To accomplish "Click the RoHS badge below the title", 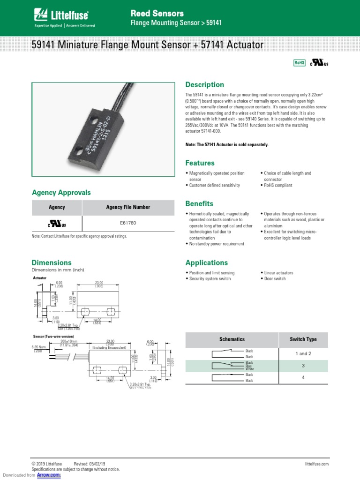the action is click(x=299, y=63).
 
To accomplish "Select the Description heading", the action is click(x=205, y=85).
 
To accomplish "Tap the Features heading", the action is click(x=200, y=163).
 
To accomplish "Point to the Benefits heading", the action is click(x=199, y=204).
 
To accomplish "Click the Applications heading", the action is click(x=207, y=263).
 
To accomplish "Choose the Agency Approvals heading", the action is click(x=61, y=193).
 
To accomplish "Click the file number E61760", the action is click(x=128, y=223).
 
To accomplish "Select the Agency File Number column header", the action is click(x=128, y=207).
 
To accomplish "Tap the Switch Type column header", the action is click(x=303, y=339).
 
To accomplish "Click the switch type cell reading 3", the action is click(x=303, y=366).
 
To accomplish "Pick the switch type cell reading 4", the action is click(x=303, y=377).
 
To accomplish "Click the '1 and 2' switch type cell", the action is click(x=303, y=353).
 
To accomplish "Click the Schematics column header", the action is click(x=232, y=339).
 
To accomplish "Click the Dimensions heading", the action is click(x=52, y=263).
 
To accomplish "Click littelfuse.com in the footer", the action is click(x=314, y=464).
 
